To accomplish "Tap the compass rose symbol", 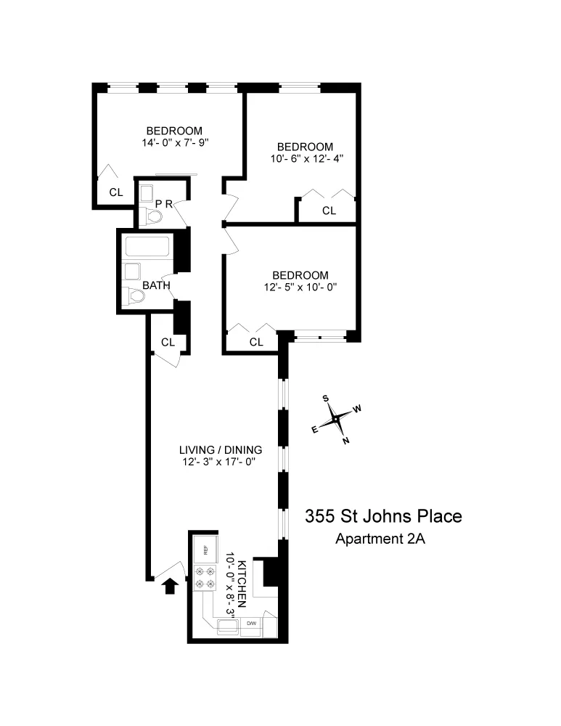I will (336, 419).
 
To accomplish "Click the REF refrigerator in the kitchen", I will (205, 550).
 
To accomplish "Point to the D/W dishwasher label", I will (252, 624).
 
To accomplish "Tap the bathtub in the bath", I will (147, 247).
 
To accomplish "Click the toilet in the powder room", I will (152, 216).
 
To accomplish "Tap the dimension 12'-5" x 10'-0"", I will (300, 287).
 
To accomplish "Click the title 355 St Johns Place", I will (382, 517).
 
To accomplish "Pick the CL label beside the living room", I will (168, 342).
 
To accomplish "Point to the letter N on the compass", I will (345, 440).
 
